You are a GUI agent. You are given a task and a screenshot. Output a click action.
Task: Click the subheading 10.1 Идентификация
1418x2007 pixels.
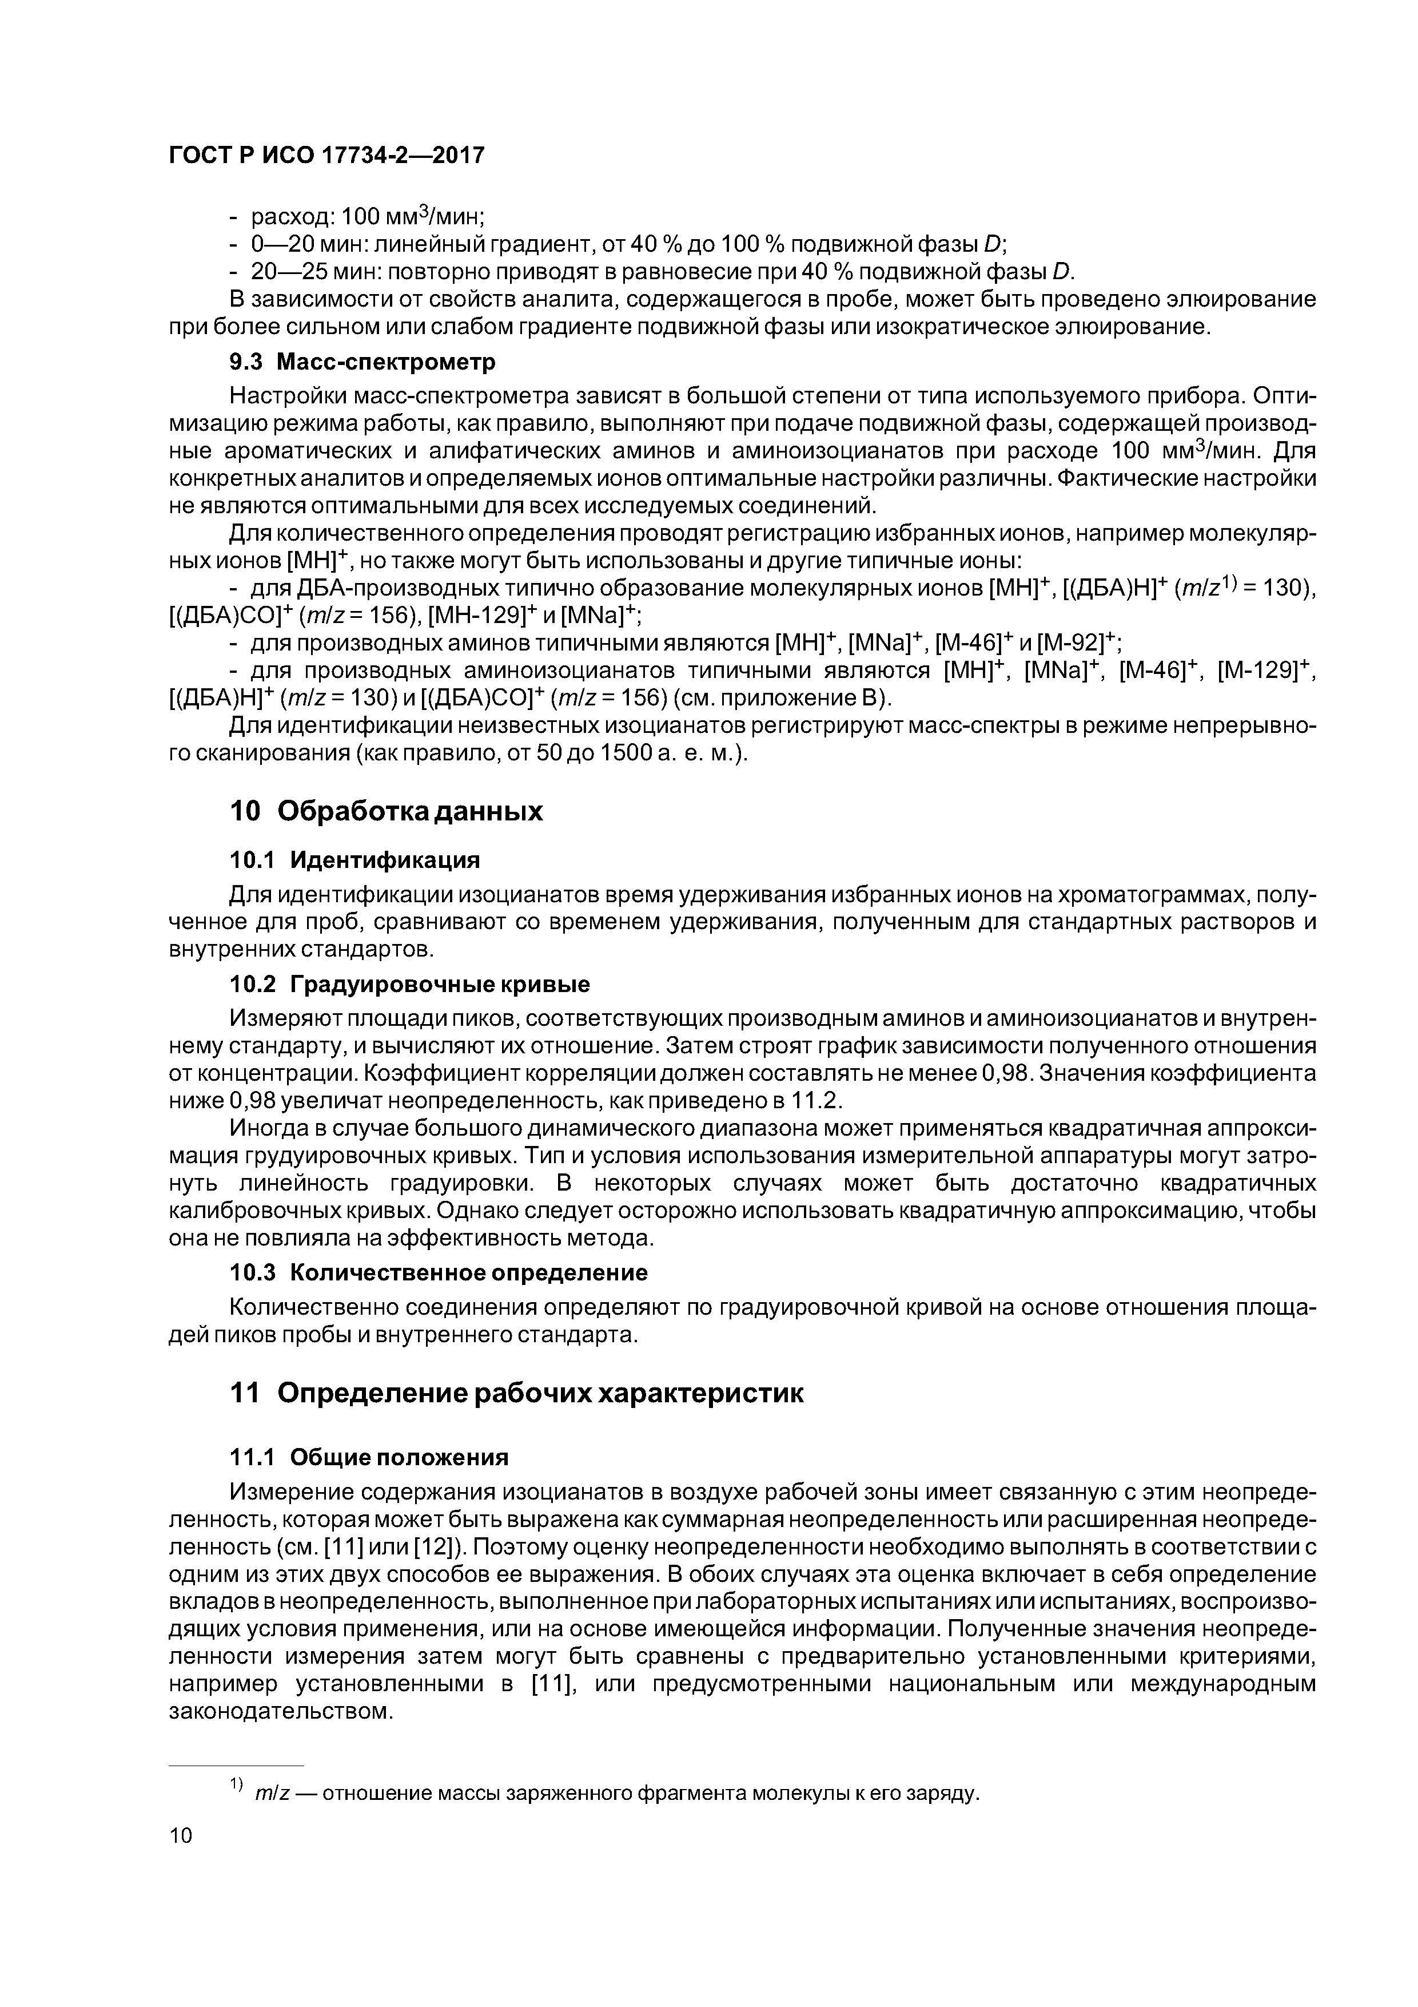click(354, 860)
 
